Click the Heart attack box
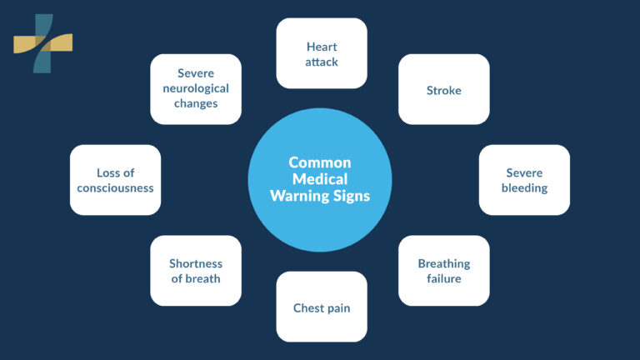tap(321, 52)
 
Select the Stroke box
tap(443, 89)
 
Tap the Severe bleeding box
tap(524, 180)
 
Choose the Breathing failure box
tap(443, 271)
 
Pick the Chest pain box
tap(321, 307)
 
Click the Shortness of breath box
tap(196, 271)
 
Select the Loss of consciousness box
tap(115, 180)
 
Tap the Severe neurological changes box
tap(196, 89)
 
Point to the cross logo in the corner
tap(42, 42)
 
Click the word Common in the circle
tap(320, 162)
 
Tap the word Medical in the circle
tap(320, 179)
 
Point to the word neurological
tap(196, 89)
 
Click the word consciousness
tap(115, 187)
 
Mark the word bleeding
tap(524, 187)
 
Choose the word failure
tap(443, 278)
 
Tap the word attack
tap(321, 61)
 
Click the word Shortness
tap(196, 263)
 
